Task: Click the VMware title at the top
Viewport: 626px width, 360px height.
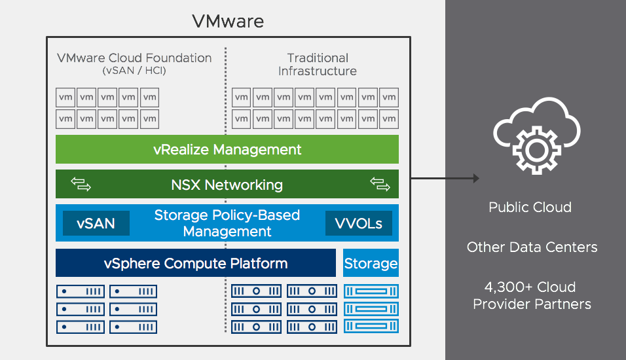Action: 228,21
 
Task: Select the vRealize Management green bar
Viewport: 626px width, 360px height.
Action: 227,149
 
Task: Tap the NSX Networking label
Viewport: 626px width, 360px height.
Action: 227,185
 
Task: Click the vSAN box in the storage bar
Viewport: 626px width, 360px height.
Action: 96,223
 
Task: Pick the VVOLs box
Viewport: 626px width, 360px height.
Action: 359,223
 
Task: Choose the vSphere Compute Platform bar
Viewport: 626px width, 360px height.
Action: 195,264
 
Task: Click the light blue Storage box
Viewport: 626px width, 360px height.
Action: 371,264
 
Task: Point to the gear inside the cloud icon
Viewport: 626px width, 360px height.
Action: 532,149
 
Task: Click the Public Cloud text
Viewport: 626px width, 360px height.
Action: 530,207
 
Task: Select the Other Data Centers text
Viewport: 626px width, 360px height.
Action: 532,247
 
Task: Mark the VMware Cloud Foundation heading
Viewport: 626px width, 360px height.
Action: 134,58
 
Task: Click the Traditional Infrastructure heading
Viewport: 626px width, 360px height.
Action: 318,65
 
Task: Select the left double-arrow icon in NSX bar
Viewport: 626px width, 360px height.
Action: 81,185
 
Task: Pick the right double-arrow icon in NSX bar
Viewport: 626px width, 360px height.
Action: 380,185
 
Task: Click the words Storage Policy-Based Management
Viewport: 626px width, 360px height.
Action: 227,223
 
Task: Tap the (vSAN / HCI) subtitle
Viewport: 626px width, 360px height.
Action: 134,71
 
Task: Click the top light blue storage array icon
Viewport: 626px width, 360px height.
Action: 371,291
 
